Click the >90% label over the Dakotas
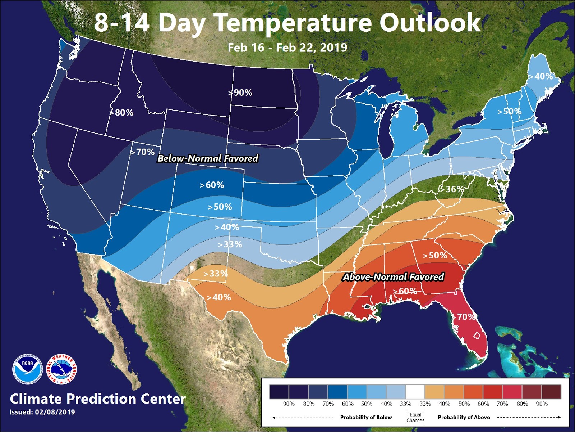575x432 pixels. (x=240, y=93)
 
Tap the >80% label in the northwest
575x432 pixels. (x=122, y=113)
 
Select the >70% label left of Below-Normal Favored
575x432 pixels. (x=143, y=152)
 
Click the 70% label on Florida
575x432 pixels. (x=466, y=317)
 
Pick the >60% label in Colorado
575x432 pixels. (x=212, y=185)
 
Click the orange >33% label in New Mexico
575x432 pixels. (x=215, y=274)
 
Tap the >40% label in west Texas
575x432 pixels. (x=219, y=297)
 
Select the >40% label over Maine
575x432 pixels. (x=541, y=76)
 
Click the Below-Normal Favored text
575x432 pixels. (x=208, y=158)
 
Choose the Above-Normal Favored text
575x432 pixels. (x=394, y=277)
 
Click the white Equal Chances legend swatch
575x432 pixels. (x=415, y=392)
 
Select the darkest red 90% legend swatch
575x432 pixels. (x=551, y=392)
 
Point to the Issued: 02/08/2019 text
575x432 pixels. (x=42, y=412)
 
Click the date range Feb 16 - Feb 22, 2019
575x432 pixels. (x=287, y=48)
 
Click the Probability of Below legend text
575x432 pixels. (x=366, y=417)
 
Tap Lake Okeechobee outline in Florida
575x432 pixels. (x=477, y=336)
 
